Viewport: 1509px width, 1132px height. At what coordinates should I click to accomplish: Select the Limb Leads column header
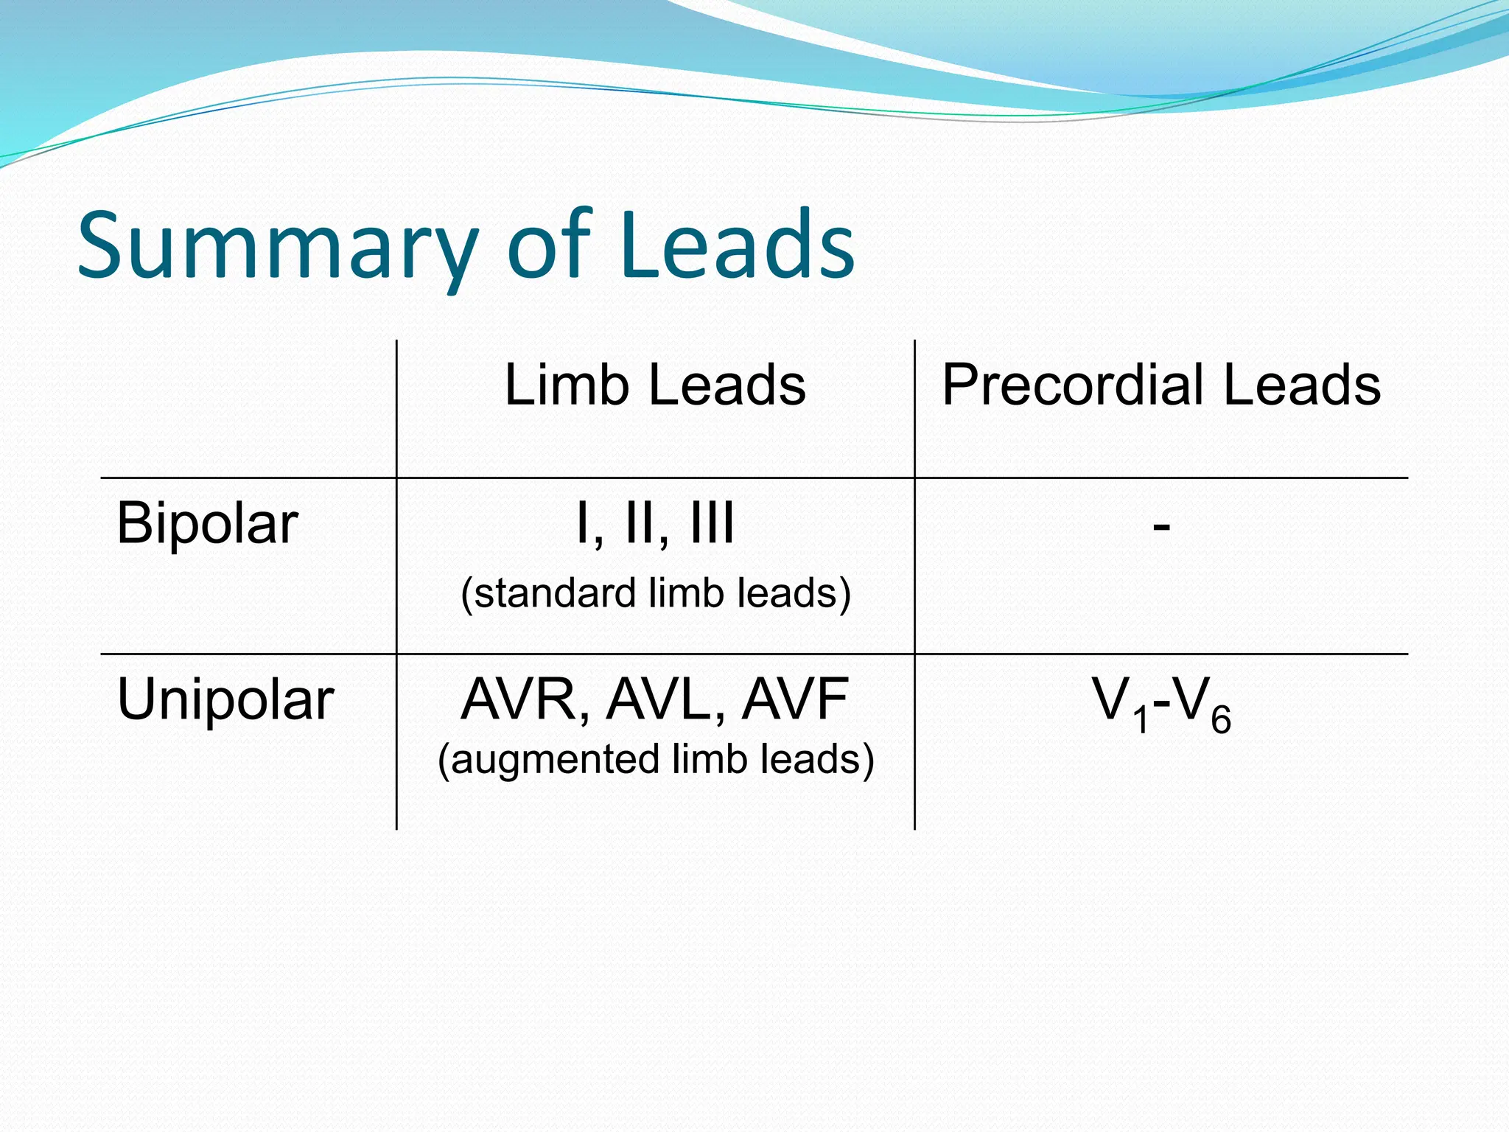(x=655, y=385)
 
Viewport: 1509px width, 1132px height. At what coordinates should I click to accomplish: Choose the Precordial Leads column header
(x=1161, y=385)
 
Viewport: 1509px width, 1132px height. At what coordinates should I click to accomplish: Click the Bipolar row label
(x=207, y=523)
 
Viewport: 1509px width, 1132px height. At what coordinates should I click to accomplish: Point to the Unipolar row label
(x=225, y=699)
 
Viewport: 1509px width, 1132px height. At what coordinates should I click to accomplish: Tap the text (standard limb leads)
(x=656, y=593)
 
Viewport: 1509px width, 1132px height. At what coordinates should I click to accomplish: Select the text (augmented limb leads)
(x=656, y=759)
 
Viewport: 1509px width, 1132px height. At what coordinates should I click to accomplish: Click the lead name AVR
(x=520, y=699)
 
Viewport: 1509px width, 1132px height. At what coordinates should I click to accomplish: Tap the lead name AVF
(x=794, y=699)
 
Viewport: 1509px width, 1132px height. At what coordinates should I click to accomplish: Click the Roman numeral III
(x=712, y=523)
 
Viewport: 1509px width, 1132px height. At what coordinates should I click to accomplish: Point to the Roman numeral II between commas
(x=640, y=523)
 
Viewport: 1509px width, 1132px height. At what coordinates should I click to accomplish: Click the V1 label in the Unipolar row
(x=1120, y=704)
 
